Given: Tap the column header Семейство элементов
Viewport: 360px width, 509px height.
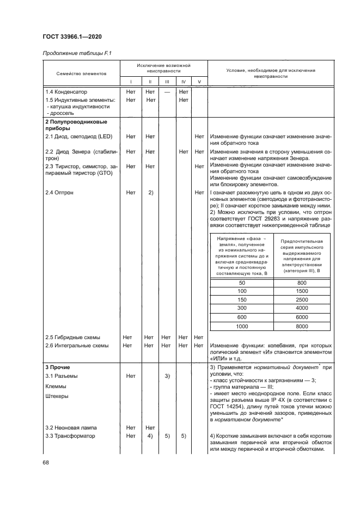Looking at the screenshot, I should click(x=82, y=72).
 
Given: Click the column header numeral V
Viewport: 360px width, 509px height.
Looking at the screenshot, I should click(x=199, y=82).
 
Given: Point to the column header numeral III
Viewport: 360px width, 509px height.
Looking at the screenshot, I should click(x=167, y=82).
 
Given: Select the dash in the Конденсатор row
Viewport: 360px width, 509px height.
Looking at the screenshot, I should click(x=167, y=92).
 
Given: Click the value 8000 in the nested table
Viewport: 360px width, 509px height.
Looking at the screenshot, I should click(x=302, y=326).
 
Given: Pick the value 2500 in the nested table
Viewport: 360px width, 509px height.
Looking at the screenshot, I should click(x=302, y=300).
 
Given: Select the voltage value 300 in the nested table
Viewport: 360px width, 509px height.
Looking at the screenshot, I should click(x=242, y=309).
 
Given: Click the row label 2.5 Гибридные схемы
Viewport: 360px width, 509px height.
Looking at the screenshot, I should click(x=72, y=337).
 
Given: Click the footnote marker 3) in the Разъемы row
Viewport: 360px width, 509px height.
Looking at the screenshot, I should click(x=167, y=376).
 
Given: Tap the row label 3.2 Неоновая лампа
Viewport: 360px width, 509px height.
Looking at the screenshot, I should click(x=71, y=427).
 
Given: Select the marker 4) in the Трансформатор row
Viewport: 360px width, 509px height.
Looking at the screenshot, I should click(x=149, y=436).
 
